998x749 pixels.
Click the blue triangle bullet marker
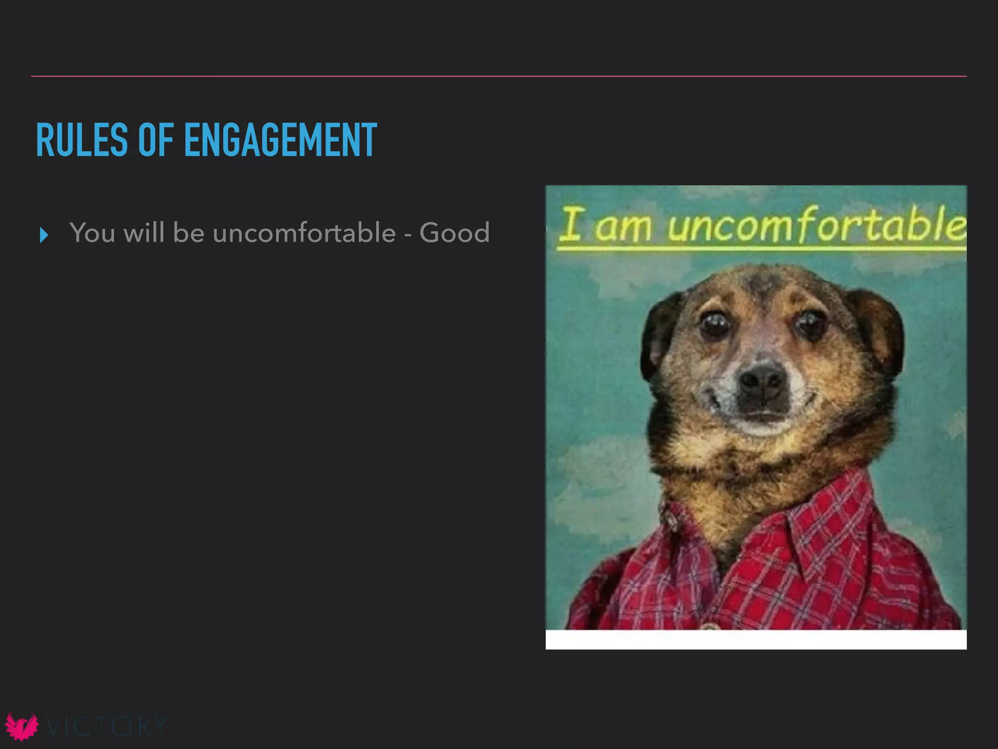coord(44,235)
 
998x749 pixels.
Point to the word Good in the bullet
coord(454,233)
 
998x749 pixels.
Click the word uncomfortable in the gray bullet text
coord(304,233)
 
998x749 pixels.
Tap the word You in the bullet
coord(92,233)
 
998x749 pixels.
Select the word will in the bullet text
coord(144,233)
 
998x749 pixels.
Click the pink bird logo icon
coord(21,727)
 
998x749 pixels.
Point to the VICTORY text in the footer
coord(106,727)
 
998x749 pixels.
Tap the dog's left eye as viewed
coord(714,324)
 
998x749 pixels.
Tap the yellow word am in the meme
coord(623,227)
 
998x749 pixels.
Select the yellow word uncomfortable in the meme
coord(816,225)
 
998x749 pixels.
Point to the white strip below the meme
coord(756,639)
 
